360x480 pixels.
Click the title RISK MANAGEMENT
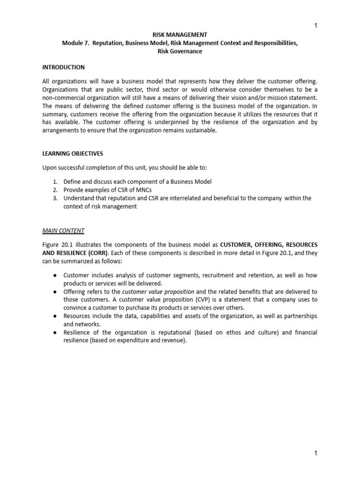[x=180, y=35]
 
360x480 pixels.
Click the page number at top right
[x=315, y=26]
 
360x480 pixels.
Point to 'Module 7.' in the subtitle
[x=76, y=43]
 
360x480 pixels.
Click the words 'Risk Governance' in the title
[x=180, y=52]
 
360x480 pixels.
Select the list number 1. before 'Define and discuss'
[x=55, y=181]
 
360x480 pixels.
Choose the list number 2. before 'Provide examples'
[x=55, y=190]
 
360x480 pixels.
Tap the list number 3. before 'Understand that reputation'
[x=55, y=198]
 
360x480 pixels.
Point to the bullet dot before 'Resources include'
[x=54, y=316]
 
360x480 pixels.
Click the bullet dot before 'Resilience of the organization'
[x=54, y=333]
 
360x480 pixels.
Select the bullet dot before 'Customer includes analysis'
[x=54, y=275]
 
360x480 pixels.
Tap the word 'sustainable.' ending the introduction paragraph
[x=202, y=131]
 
